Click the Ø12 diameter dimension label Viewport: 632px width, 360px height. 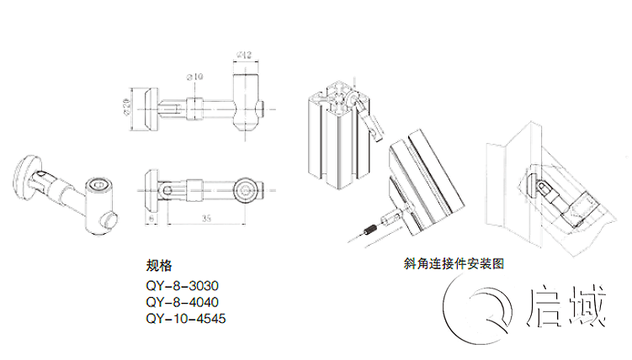pyautogui.click(x=244, y=56)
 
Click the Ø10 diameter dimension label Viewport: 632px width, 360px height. pyautogui.click(x=195, y=77)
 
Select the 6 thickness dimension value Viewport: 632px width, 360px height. pyautogui.click(x=151, y=216)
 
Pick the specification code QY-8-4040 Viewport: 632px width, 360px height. pyautogui.click(x=182, y=302)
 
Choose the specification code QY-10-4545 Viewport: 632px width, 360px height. pyautogui.click(x=186, y=319)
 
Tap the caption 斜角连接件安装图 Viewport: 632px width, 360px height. pyautogui.click(x=454, y=263)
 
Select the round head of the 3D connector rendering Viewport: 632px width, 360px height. pyautogui.click(x=28, y=176)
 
